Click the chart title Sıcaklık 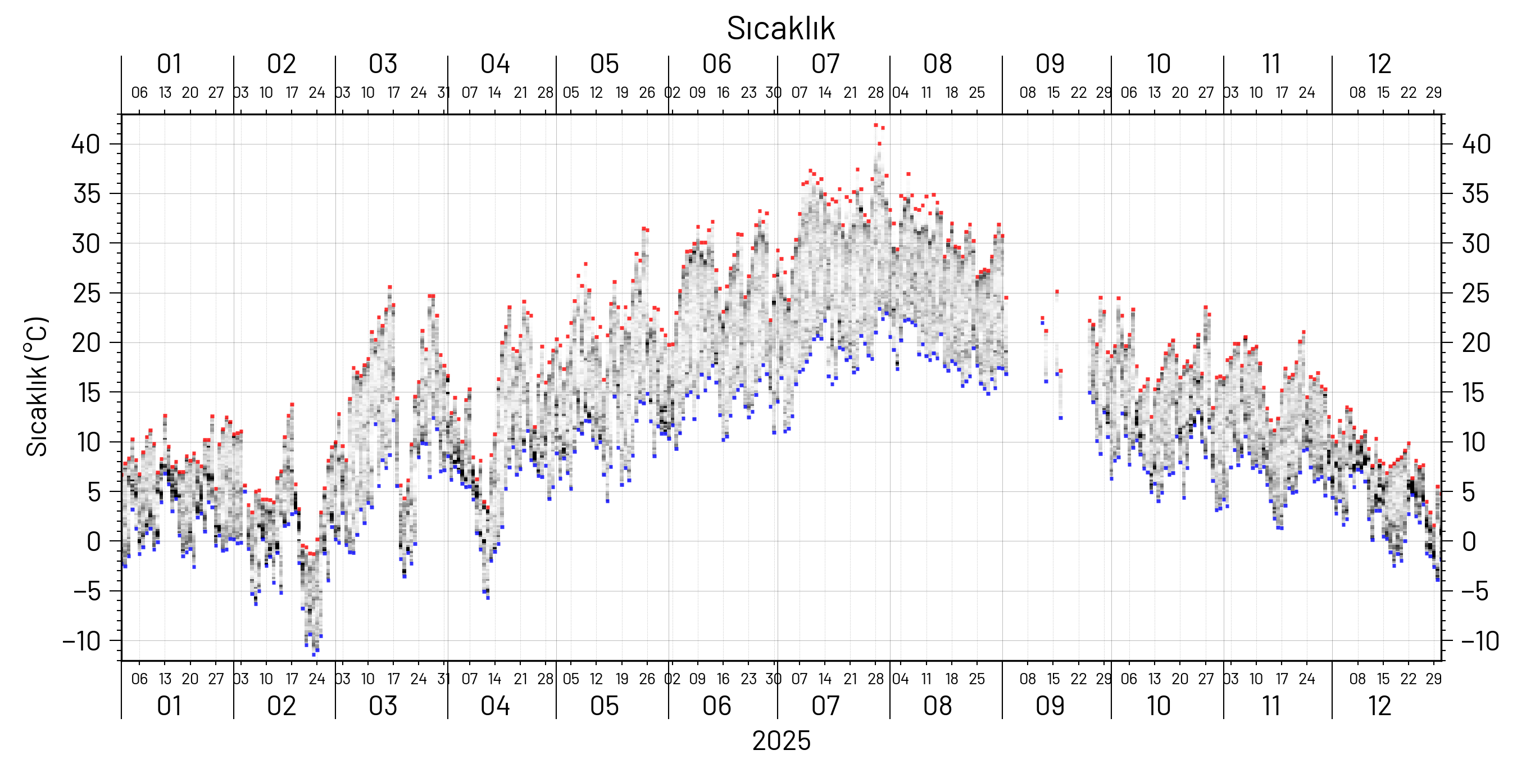[780, 28]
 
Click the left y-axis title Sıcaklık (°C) [37, 387]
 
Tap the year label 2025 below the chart [781, 740]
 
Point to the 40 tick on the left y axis [85, 144]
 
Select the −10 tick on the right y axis [1479, 641]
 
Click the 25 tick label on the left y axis [87, 293]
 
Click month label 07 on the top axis [825, 64]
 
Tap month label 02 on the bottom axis [281, 706]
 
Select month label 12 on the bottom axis [1379, 706]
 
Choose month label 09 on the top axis [1050, 64]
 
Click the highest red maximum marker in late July [876, 125]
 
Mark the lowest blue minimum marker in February [314, 654]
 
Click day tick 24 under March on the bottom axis [418, 679]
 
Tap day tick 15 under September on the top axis [1053, 93]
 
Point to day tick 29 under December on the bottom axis [1433, 679]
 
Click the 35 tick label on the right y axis [1475, 194]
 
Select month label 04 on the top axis [494, 64]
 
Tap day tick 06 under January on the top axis [139, 93]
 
